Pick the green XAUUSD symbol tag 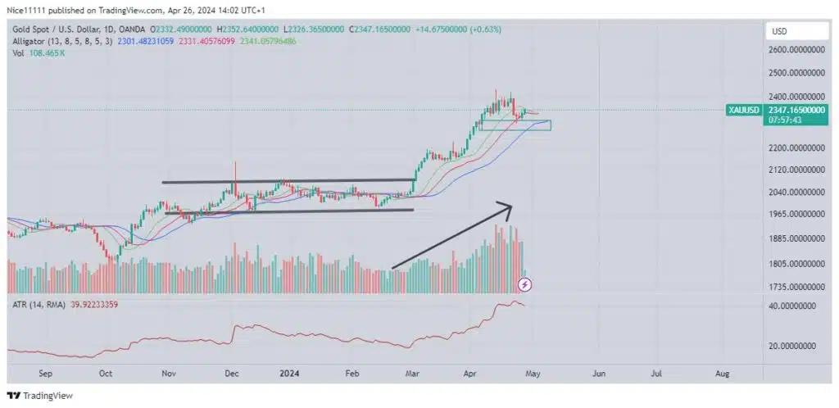pyautogui.click(x=745, y=110)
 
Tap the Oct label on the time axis pyautogui.click(x=105, y=373)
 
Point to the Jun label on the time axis pyautogui.click(x=599, y=373)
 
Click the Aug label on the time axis pyautogui.click(x=722, y=373)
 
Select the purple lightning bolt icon pyautogui.click(x=526, y=284)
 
